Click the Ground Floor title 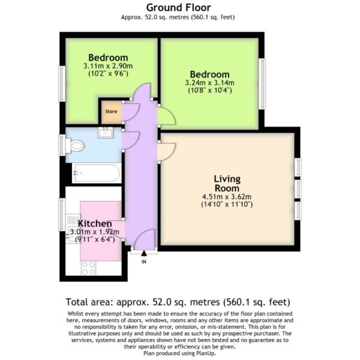pos(179,8)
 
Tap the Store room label pos(111,112)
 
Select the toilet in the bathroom pos(75,146)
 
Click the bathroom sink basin pos(106,133)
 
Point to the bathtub pos(97,173)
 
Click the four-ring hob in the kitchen pos(88,268)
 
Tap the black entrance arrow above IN pos(144,253)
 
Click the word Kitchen pos(95,223)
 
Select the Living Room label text pos(227,184)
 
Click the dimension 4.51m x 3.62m pos(227,197)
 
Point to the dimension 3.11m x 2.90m pos(108,66)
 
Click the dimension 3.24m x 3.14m pos(209,83)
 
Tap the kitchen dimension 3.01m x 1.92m pos(95,232)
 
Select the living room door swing pos(166,152)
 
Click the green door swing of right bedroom pos(166,115)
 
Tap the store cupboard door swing pos(131,112)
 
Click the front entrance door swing pos(144,239)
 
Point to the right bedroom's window pos(262,84)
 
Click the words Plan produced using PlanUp pos(180,353)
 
